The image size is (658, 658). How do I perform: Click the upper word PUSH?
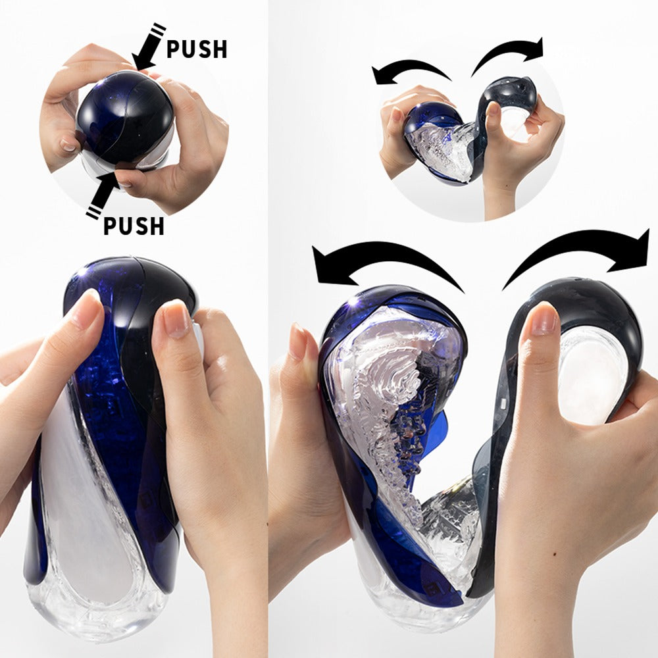[196, 49]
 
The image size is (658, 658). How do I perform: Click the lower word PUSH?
[134, 225]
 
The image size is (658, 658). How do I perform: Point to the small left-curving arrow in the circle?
[410, 70]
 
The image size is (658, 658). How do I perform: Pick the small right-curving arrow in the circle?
[510, 53]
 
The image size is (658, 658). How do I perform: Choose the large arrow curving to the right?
[579, 253]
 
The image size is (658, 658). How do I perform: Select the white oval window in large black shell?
[592, 375]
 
